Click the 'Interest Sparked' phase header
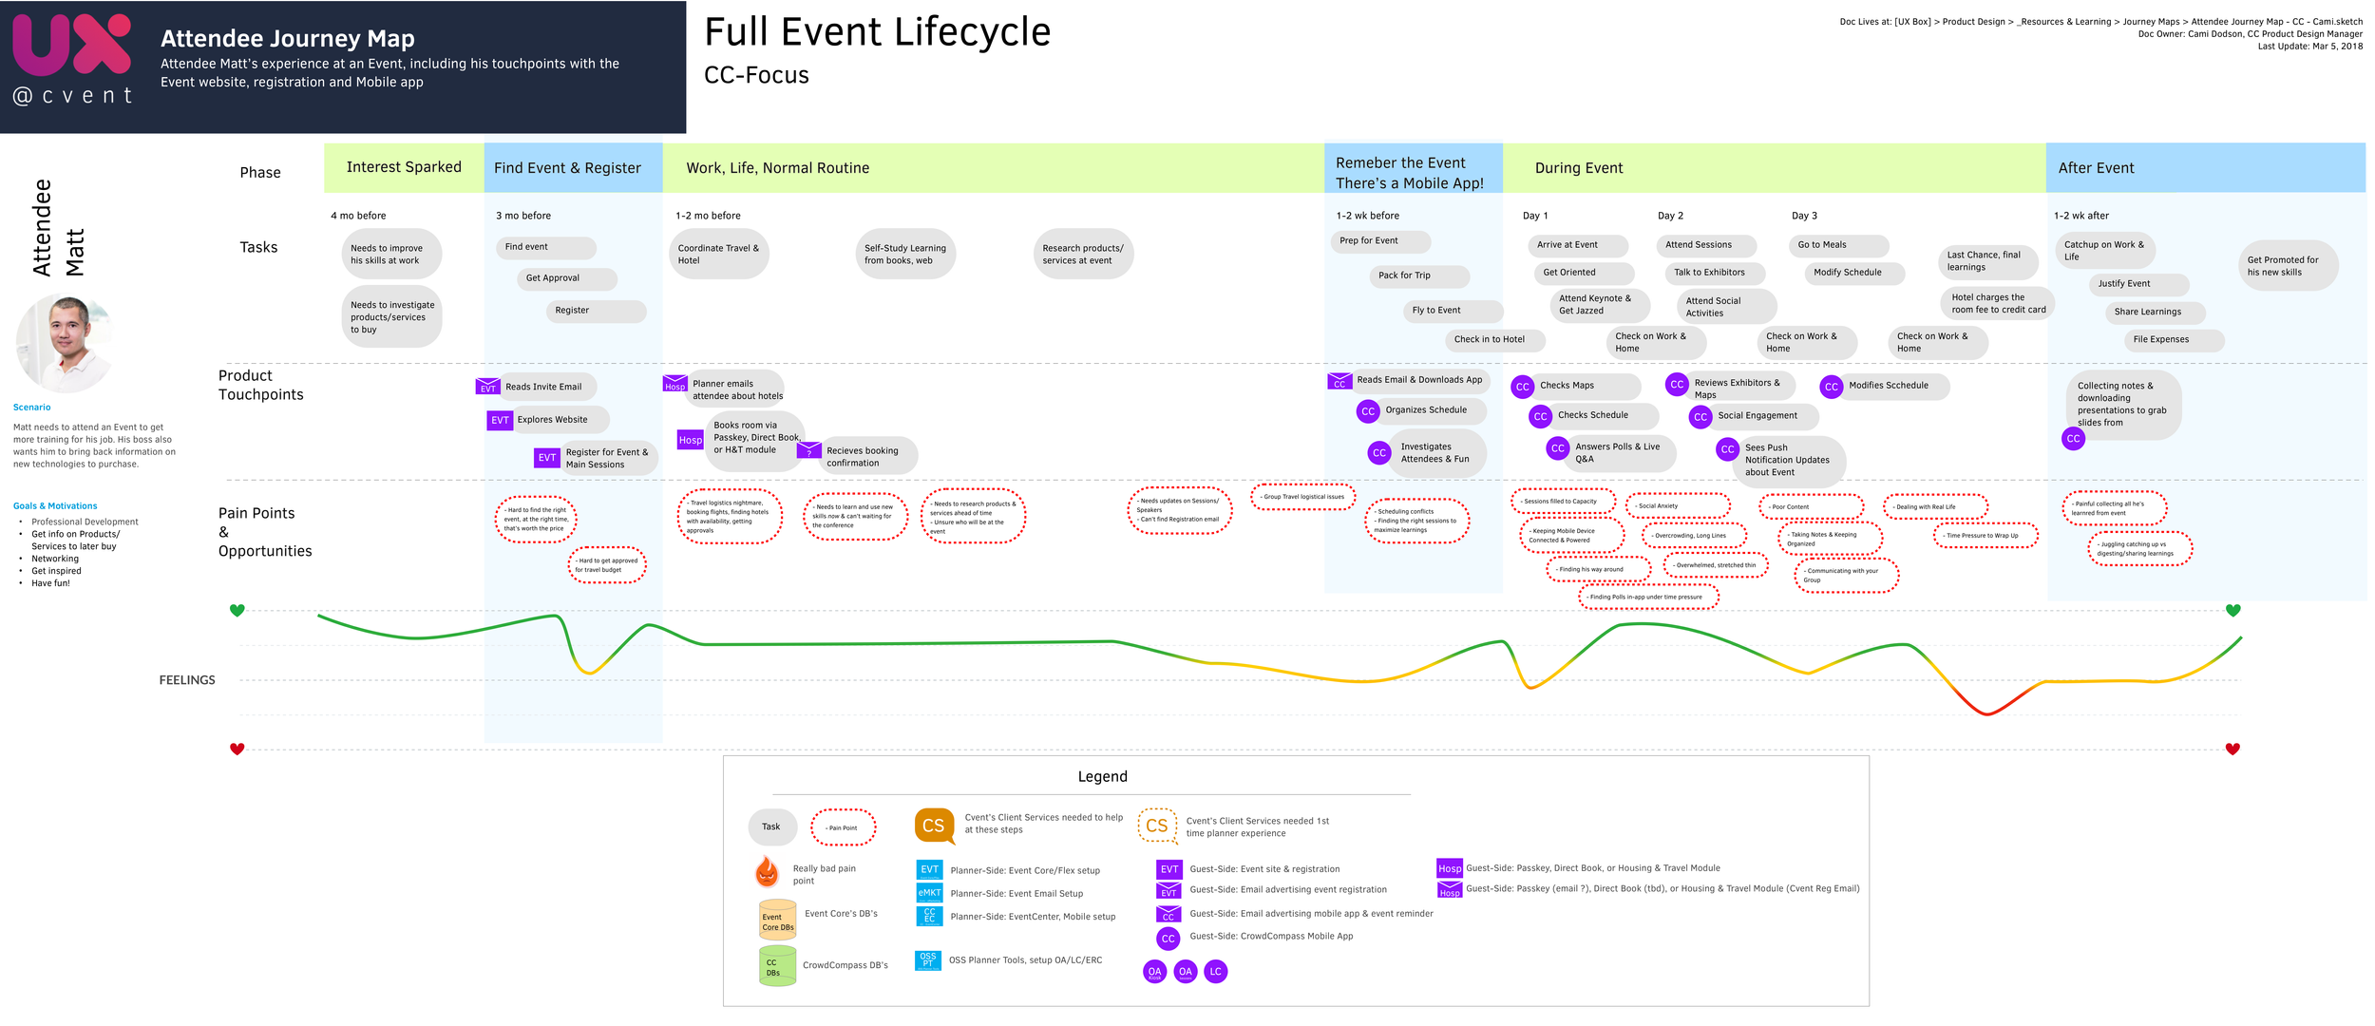pos(404,167)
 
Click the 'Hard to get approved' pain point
pos(607,565)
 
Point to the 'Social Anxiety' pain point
pos(1677,506)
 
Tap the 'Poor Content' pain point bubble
pos(1810,507)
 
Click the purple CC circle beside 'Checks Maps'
pos(1523,387)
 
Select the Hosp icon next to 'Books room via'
pos(691,440)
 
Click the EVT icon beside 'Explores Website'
pos(500,420)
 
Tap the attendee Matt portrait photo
pos(65,342)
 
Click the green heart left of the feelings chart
pos(237,610)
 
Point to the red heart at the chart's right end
pos(2232,749)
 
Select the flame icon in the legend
pos(767,871)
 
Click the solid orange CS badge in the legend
pos(934,826)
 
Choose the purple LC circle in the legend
pos(1215,971)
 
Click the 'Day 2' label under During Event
pos(1670,216)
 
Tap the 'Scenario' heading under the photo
pos(32,408)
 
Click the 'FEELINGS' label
pos(187,680)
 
